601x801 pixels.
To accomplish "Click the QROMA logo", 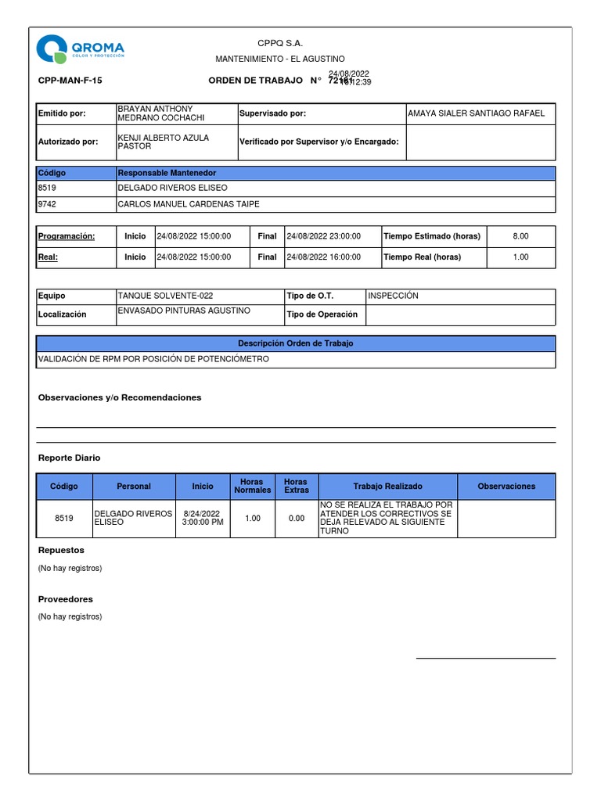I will coord(80,48).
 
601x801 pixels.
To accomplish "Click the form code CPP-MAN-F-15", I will coord(70,81).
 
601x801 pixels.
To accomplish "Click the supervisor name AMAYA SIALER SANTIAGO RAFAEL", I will coord(476,113).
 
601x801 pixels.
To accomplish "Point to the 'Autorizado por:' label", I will coord(68,142).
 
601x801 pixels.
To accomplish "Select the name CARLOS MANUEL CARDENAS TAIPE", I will coord(188,204).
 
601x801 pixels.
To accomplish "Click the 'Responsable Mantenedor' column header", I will coord(167,173).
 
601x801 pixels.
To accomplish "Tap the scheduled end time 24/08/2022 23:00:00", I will coord(324,236).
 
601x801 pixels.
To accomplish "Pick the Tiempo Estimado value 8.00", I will coord(520,236).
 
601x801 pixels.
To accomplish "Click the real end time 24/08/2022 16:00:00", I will coord(324,257).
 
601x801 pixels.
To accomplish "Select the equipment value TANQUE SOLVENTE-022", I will coord(165,296).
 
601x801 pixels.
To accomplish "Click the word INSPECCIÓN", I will coord(394,296).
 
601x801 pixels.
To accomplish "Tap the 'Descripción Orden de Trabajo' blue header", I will coord(296,343).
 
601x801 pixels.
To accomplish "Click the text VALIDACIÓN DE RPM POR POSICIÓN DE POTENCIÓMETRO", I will coord(153,359).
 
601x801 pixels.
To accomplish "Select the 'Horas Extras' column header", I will coord(296,486).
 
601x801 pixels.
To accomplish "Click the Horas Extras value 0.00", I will coord(296,518).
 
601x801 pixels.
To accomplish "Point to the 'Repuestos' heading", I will coord(61,551).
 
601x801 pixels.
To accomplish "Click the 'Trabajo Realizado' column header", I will coord(387,486).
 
